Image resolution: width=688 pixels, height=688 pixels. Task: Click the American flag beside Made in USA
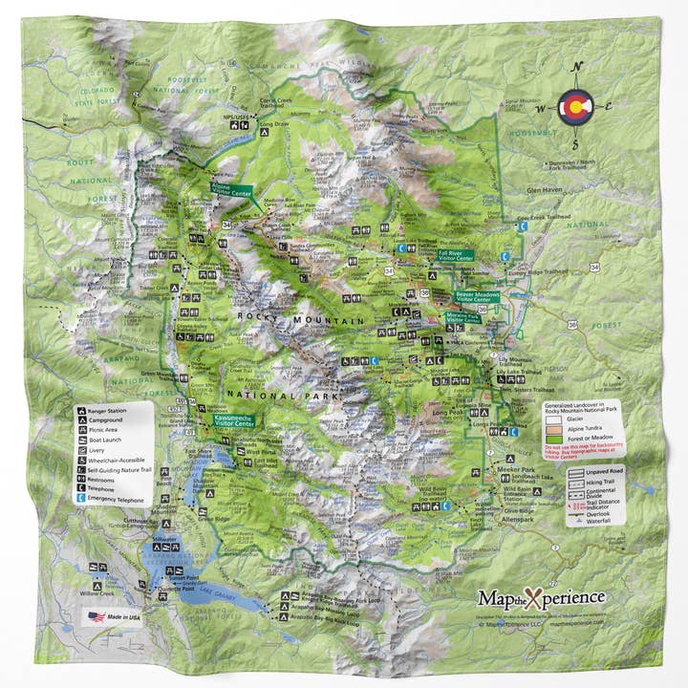[97, 616]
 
